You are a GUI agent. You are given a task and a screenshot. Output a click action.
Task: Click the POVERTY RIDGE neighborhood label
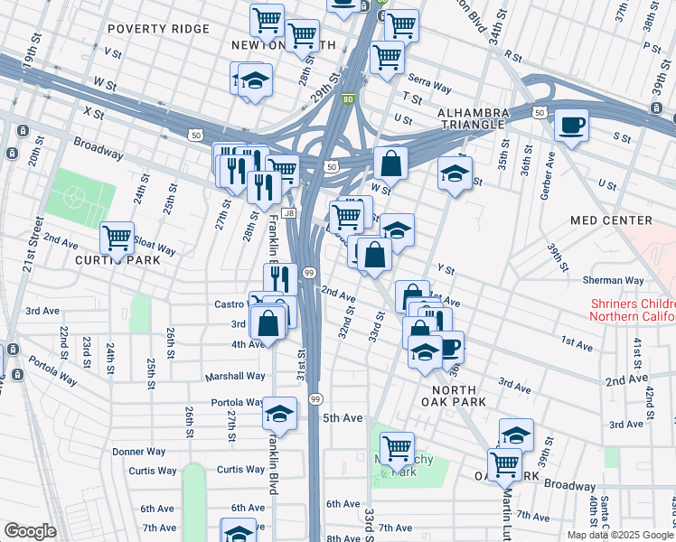coord(158,29)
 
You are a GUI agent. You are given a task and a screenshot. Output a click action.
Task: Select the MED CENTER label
coord(611,220)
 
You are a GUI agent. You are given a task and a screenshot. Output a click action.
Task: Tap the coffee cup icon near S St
coord(571,126)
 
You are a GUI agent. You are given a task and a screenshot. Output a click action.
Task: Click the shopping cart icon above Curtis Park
coord(117,238)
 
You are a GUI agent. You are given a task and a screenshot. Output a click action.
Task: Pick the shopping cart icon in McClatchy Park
coord(397,447)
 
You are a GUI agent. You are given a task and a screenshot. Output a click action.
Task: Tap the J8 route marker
coord(288,213)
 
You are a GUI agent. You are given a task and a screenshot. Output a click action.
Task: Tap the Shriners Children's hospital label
coord(632,310)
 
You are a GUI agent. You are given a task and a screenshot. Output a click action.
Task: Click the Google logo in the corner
coord(30,531)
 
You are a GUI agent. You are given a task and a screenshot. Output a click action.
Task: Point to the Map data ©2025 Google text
coord(619,535)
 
